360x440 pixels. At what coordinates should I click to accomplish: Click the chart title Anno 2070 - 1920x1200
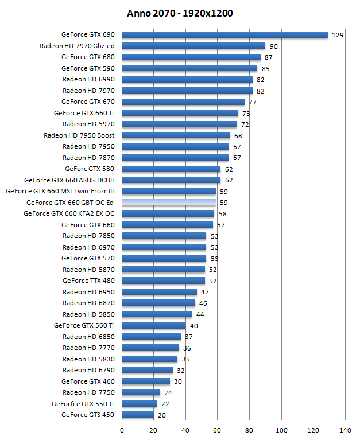click(180, 13)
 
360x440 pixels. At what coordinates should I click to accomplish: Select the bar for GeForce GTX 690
click(224, 35)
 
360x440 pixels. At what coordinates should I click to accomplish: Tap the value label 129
click(338, 35)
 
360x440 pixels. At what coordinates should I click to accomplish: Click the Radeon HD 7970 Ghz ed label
click(77, 46)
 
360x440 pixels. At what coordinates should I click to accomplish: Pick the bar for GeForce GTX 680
click(191, 57)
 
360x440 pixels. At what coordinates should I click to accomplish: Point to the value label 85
click(265, 69)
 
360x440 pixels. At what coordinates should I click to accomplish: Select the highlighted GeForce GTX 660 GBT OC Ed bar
click(169, 203)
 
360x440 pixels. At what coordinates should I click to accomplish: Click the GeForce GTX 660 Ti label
click(84, 113)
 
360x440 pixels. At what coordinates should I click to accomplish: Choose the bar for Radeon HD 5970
click(179, 124)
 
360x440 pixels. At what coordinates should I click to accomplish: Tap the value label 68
click(238, 135)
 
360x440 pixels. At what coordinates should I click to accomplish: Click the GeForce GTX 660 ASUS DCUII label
click(69, 180)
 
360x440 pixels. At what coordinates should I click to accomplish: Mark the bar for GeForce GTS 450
click(138, 415)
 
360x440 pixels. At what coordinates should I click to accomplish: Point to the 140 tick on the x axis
click(345, 429)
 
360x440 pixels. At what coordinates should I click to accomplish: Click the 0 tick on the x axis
click(122, 429)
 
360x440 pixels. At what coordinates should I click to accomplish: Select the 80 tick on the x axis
click(249, 429)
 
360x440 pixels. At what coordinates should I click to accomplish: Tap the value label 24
click(168, 392)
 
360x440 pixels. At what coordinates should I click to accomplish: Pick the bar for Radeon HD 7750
click(141, 392)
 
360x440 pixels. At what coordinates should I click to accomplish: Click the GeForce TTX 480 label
click(88, 281)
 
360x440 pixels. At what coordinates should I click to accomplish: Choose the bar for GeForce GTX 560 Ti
click(154, 325)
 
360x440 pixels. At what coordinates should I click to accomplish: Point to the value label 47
click(205, 292)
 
